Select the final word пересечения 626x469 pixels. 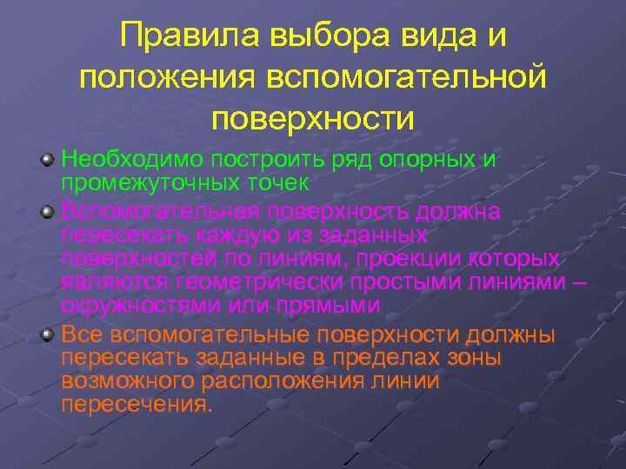click(137, 403)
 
